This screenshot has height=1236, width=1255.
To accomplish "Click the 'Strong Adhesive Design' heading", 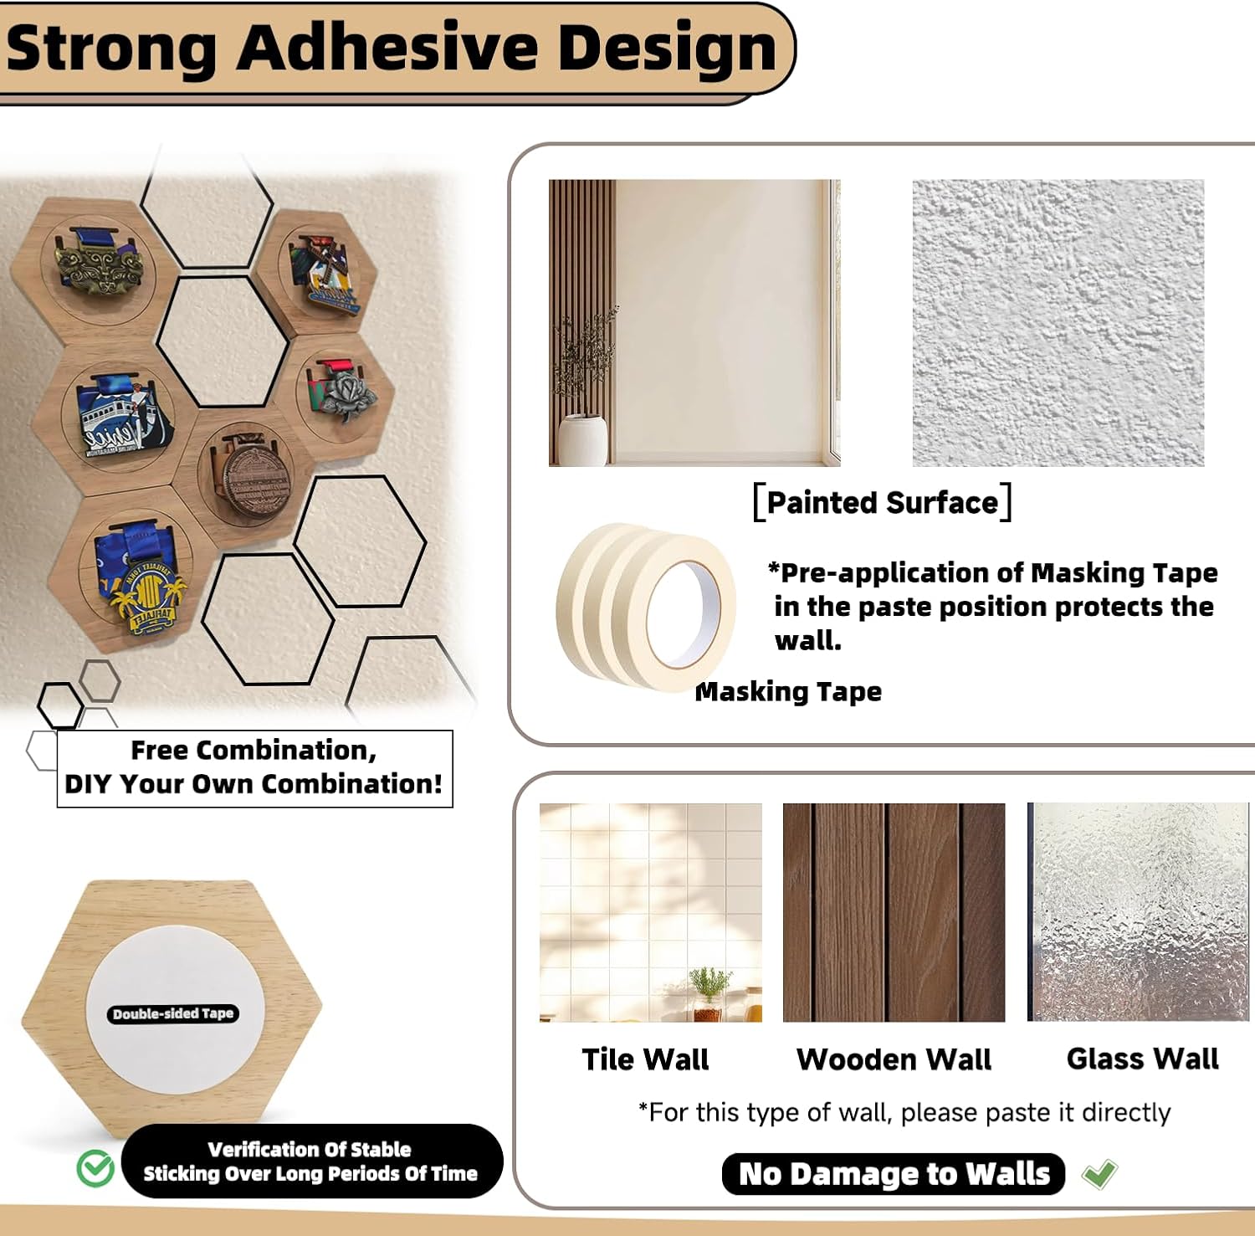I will point(392,48).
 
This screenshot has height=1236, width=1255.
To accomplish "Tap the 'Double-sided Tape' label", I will point(173,1013).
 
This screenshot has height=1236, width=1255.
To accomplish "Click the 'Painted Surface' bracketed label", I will point(883,502).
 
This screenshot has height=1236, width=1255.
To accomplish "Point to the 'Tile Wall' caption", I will point(645,1059).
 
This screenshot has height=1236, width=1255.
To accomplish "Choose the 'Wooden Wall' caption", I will point(894,1059).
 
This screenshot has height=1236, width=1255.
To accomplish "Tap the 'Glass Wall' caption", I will point(1142,1059).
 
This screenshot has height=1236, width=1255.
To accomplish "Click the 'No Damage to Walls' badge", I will point(894,1174).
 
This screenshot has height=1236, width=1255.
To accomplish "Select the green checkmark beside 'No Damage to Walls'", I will point(1099,1173).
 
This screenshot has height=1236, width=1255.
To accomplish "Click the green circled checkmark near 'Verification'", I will point(95,1167).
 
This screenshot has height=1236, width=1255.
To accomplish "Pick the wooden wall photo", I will point(894,912).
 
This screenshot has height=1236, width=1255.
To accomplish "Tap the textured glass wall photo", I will point(1138,912).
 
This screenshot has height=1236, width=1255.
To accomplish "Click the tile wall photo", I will point(650,912).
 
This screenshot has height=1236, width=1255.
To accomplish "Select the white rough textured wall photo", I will point(1058,322).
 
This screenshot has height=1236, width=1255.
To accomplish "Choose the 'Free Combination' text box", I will point(254,767).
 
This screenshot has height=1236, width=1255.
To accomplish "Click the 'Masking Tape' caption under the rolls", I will point(788,692).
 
